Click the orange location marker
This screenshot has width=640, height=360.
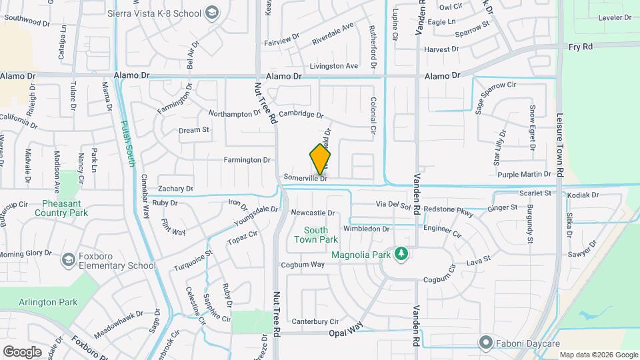[320, 159]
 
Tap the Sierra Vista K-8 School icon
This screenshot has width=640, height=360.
[212, 12]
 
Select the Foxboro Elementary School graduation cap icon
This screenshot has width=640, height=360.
[68, 259]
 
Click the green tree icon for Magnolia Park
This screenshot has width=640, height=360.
[401, 253]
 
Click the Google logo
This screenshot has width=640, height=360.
[23, 351]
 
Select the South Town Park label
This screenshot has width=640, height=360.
[316, 235]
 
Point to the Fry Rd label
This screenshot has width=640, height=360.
[581, 47]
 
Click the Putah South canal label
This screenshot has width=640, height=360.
[129, 143]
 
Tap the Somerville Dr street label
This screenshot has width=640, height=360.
[305, 178]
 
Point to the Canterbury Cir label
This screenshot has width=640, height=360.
[315, 321]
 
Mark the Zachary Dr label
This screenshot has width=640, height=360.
[176, 189]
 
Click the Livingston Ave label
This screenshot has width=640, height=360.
[335, 66]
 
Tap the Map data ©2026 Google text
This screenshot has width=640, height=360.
[598, 355]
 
